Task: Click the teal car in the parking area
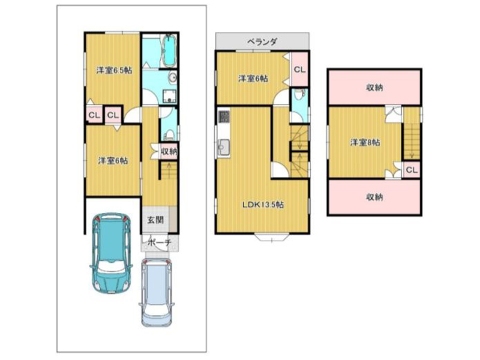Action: point(112,254)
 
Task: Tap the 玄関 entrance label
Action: point(155,220)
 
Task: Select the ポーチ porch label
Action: point(159,243)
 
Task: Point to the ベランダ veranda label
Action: point(262,41)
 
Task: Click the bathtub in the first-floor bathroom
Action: point(169,50)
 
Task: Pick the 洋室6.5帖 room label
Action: point(114,70)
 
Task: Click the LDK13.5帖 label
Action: point(263,205)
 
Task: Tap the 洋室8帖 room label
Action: point(365,142)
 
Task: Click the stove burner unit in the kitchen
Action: point(224,117)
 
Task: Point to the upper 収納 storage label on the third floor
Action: point(374,88)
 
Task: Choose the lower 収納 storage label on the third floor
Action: point(374,197)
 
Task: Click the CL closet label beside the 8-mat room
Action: point(412,170)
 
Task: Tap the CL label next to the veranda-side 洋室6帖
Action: point(299,70)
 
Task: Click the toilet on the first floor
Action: point(169,134)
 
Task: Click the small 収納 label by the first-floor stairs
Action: point(169,151)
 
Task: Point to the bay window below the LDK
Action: point(272,237)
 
